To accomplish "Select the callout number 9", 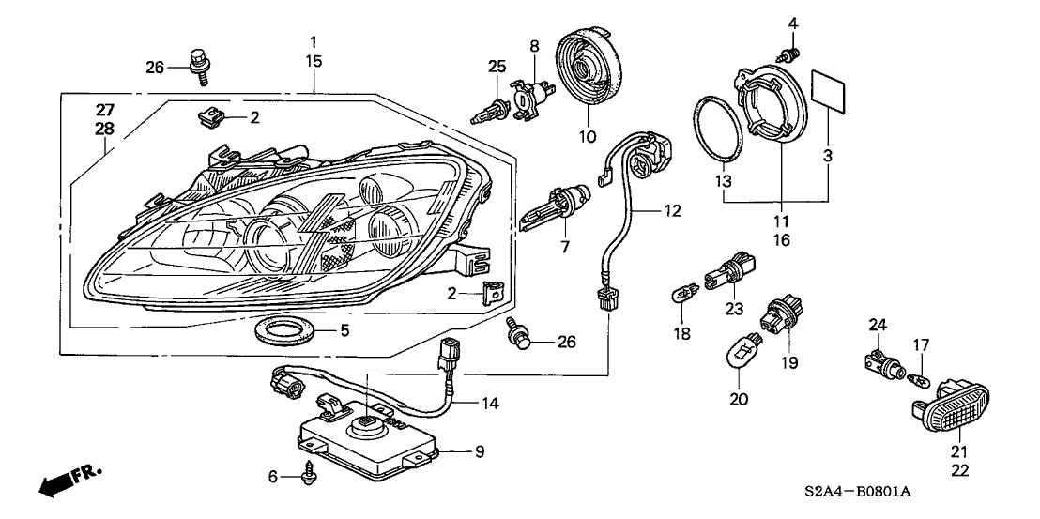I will pos(479,451).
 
